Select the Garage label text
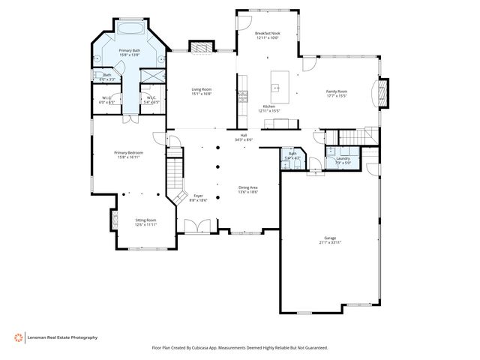click(x=331, y=239)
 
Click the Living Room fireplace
click(x=200, y=47)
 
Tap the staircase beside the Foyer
click(x=175, y=174)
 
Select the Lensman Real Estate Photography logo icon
click(x=19, y=337)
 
